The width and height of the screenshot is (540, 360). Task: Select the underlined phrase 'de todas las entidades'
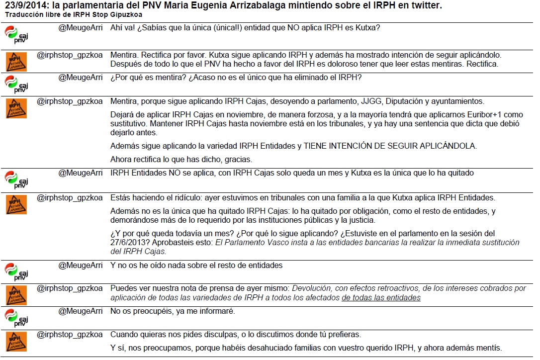(381, 297)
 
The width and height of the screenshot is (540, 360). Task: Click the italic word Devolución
(313, 288)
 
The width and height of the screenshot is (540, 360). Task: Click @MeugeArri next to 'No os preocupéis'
(81, 311)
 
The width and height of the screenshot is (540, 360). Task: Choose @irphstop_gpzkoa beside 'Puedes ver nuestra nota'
(70, 288)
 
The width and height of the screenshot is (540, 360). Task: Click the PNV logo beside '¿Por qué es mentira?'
(16, 84)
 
